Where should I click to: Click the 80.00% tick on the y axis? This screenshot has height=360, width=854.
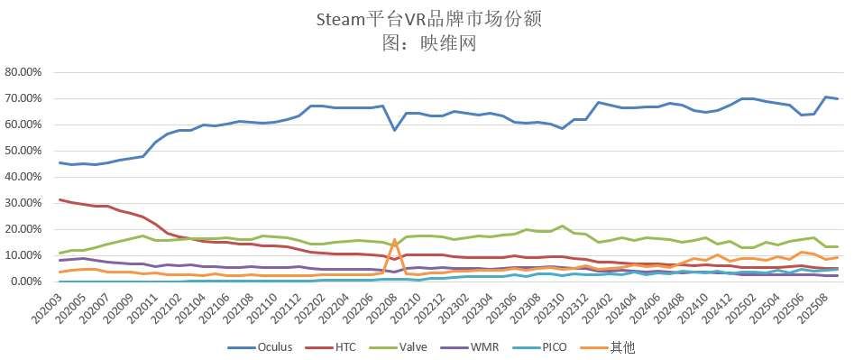click(x=24, y=71)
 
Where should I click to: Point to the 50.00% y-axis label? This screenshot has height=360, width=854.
click(x=24, y=151)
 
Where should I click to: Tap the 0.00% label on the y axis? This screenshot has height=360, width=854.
click(x=27, y=282)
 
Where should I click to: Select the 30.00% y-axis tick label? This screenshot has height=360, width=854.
click(x=24, y=203)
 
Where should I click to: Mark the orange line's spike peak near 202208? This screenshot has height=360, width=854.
click(x=395, y=240)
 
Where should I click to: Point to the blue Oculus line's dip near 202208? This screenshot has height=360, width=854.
click(x=395, y=130)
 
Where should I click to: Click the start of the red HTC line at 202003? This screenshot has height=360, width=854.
click(x=60, y=199)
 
